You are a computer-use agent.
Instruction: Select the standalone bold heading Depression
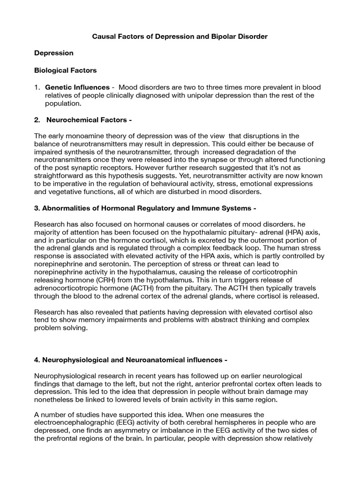tap(54, 53)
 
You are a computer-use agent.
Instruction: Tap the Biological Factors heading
tap(66, 70)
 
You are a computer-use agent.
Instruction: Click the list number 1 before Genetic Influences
tap(37, 88)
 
